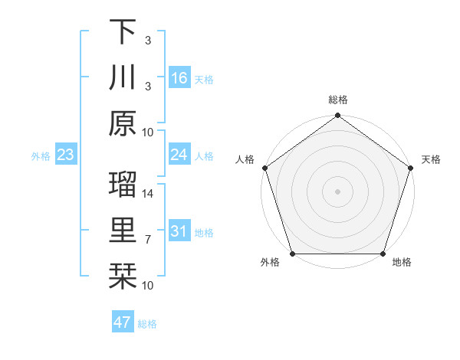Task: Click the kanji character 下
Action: [x=123, y=31]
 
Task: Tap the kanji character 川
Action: [x=123, y=77]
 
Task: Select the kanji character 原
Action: [x=123, y=123]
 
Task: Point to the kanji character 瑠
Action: [x=123, y=186]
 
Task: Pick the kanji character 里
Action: [x=123, y=231]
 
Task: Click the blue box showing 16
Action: [x=179, y=77]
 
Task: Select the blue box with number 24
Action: [x=179, y=155]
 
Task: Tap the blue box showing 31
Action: [x=179, y=232]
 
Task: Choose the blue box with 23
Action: [x=65, y=155]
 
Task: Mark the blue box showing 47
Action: [x=122, y=322]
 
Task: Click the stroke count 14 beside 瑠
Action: [x=148, y=195]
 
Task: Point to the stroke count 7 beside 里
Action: [x=148, y=240]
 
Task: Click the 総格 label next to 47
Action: [x=147, y=324]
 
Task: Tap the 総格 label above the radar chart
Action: [x=337, y=100]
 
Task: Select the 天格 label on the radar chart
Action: [x=431, y=159]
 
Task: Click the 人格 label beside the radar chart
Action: [x=245, y=159]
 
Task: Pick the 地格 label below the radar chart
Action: [x=401, y=263]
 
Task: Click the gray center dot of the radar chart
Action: [x=337, y=191]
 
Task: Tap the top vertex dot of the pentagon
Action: [x=337, y=116]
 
